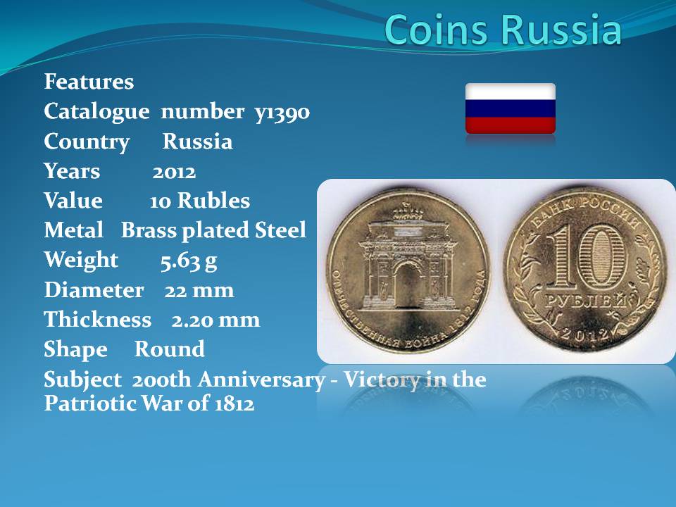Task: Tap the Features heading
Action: (89, 82)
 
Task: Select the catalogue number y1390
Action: (282, 113)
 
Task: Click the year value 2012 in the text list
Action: (174, 172)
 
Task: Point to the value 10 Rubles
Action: (199, 201)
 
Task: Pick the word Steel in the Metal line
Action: (280, 230)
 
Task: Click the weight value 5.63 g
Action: (189, 261)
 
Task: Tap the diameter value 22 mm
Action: (199, 290)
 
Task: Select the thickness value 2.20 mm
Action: (215, 320)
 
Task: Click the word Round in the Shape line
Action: (170, 349)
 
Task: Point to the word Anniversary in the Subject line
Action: (262, 380)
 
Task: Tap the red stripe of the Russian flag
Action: (511, 125)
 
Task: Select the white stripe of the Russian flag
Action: (511, 92)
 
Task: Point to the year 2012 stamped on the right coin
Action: (585, 334)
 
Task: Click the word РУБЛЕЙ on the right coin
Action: (585, 301)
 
